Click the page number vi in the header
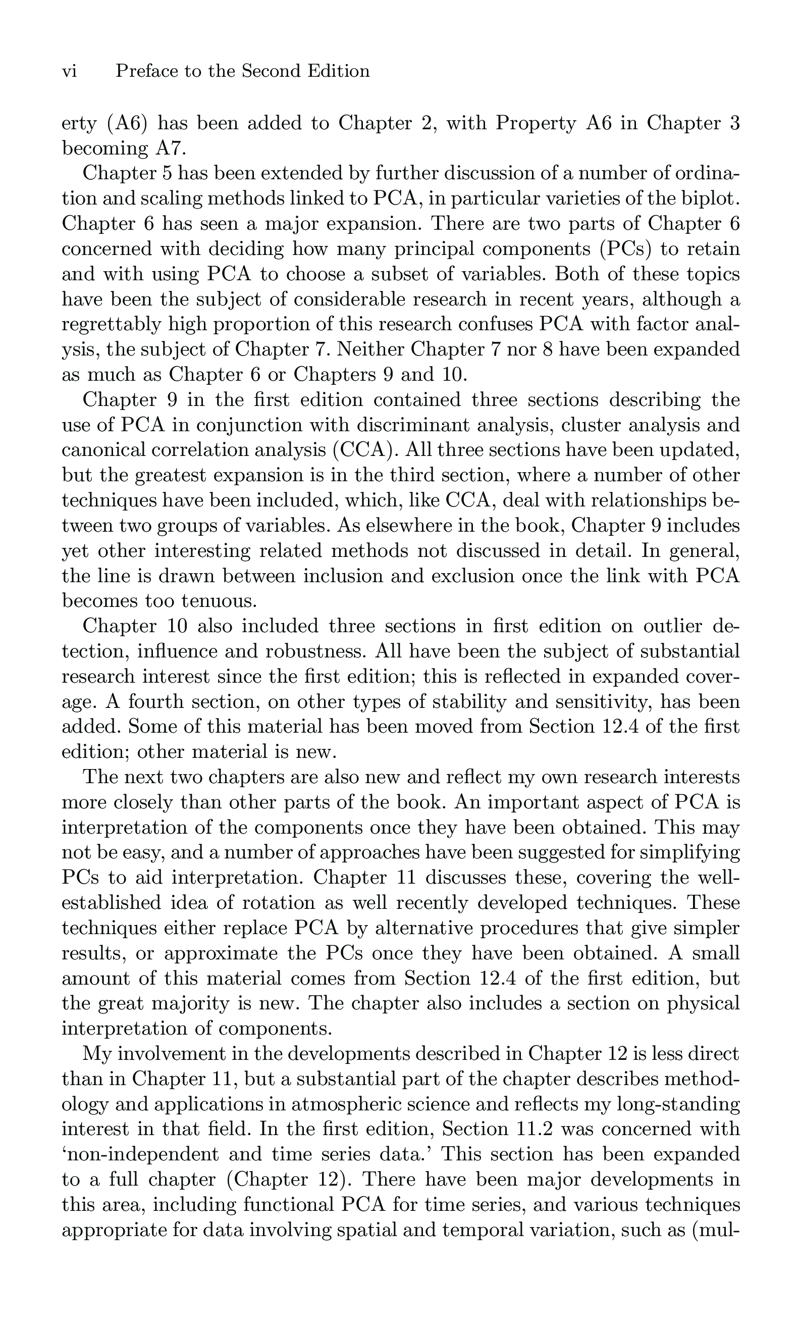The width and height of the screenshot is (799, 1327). [70, 71]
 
